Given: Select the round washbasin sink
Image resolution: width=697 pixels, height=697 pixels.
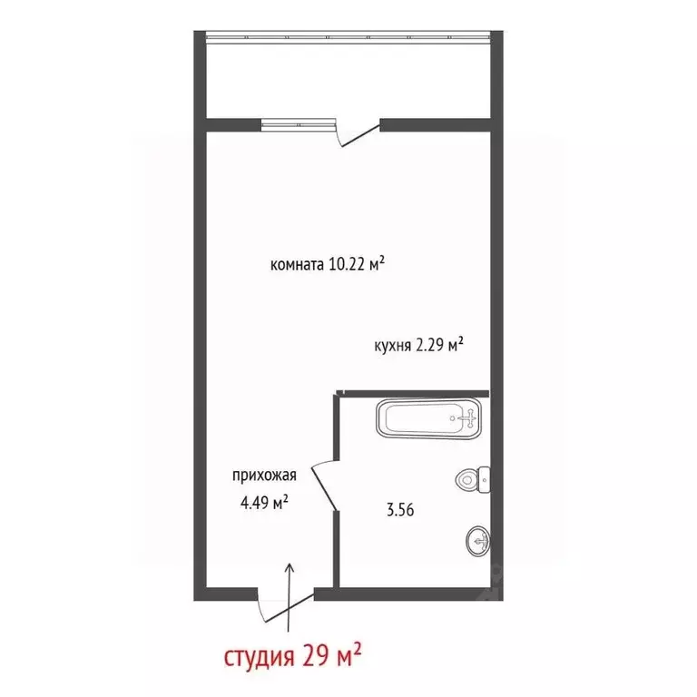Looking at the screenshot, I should (478, 541).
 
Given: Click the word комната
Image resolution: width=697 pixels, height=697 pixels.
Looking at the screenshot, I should (297, 266).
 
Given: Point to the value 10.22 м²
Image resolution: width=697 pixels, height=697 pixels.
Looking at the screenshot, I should (358, 265).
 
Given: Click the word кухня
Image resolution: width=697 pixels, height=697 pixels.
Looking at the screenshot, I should (393, 345).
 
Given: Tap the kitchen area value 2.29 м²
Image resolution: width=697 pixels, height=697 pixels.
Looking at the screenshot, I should (441, 344).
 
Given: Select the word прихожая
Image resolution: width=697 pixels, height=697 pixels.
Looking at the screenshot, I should (264, 475).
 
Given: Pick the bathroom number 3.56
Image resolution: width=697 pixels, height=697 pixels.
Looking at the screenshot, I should (401, 510).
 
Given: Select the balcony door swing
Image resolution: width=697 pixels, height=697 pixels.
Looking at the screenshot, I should (357, 134).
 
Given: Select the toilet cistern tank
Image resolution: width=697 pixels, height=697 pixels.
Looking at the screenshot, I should (486, 478).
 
